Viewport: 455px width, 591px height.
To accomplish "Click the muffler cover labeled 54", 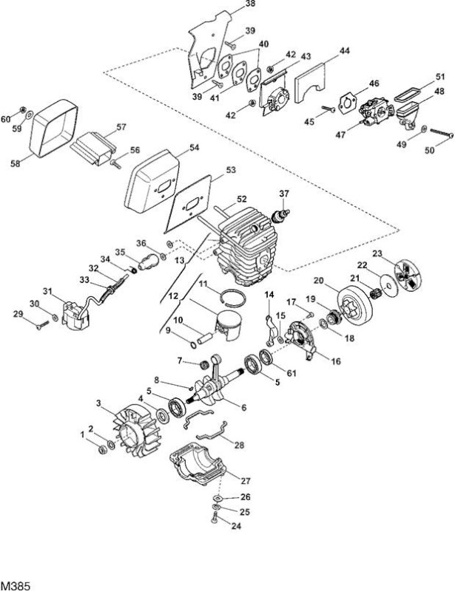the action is (x=152, y=181).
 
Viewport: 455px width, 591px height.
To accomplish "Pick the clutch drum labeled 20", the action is (x=355, y=307).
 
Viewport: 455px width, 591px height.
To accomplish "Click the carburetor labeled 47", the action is (x=373, y=113).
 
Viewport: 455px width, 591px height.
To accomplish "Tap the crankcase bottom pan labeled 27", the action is (x=198, y=466).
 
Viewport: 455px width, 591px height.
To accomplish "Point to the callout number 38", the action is (x=250, y=4).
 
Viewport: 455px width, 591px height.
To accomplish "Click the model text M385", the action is (x=15, y=586).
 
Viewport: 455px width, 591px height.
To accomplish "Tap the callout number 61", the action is (x=291, y=373).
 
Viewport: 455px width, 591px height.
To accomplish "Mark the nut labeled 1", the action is (x=102, y=450).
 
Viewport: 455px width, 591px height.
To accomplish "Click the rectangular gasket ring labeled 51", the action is (x=408, y=95).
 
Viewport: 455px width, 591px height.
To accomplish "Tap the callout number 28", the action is (x=240, y=445).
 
